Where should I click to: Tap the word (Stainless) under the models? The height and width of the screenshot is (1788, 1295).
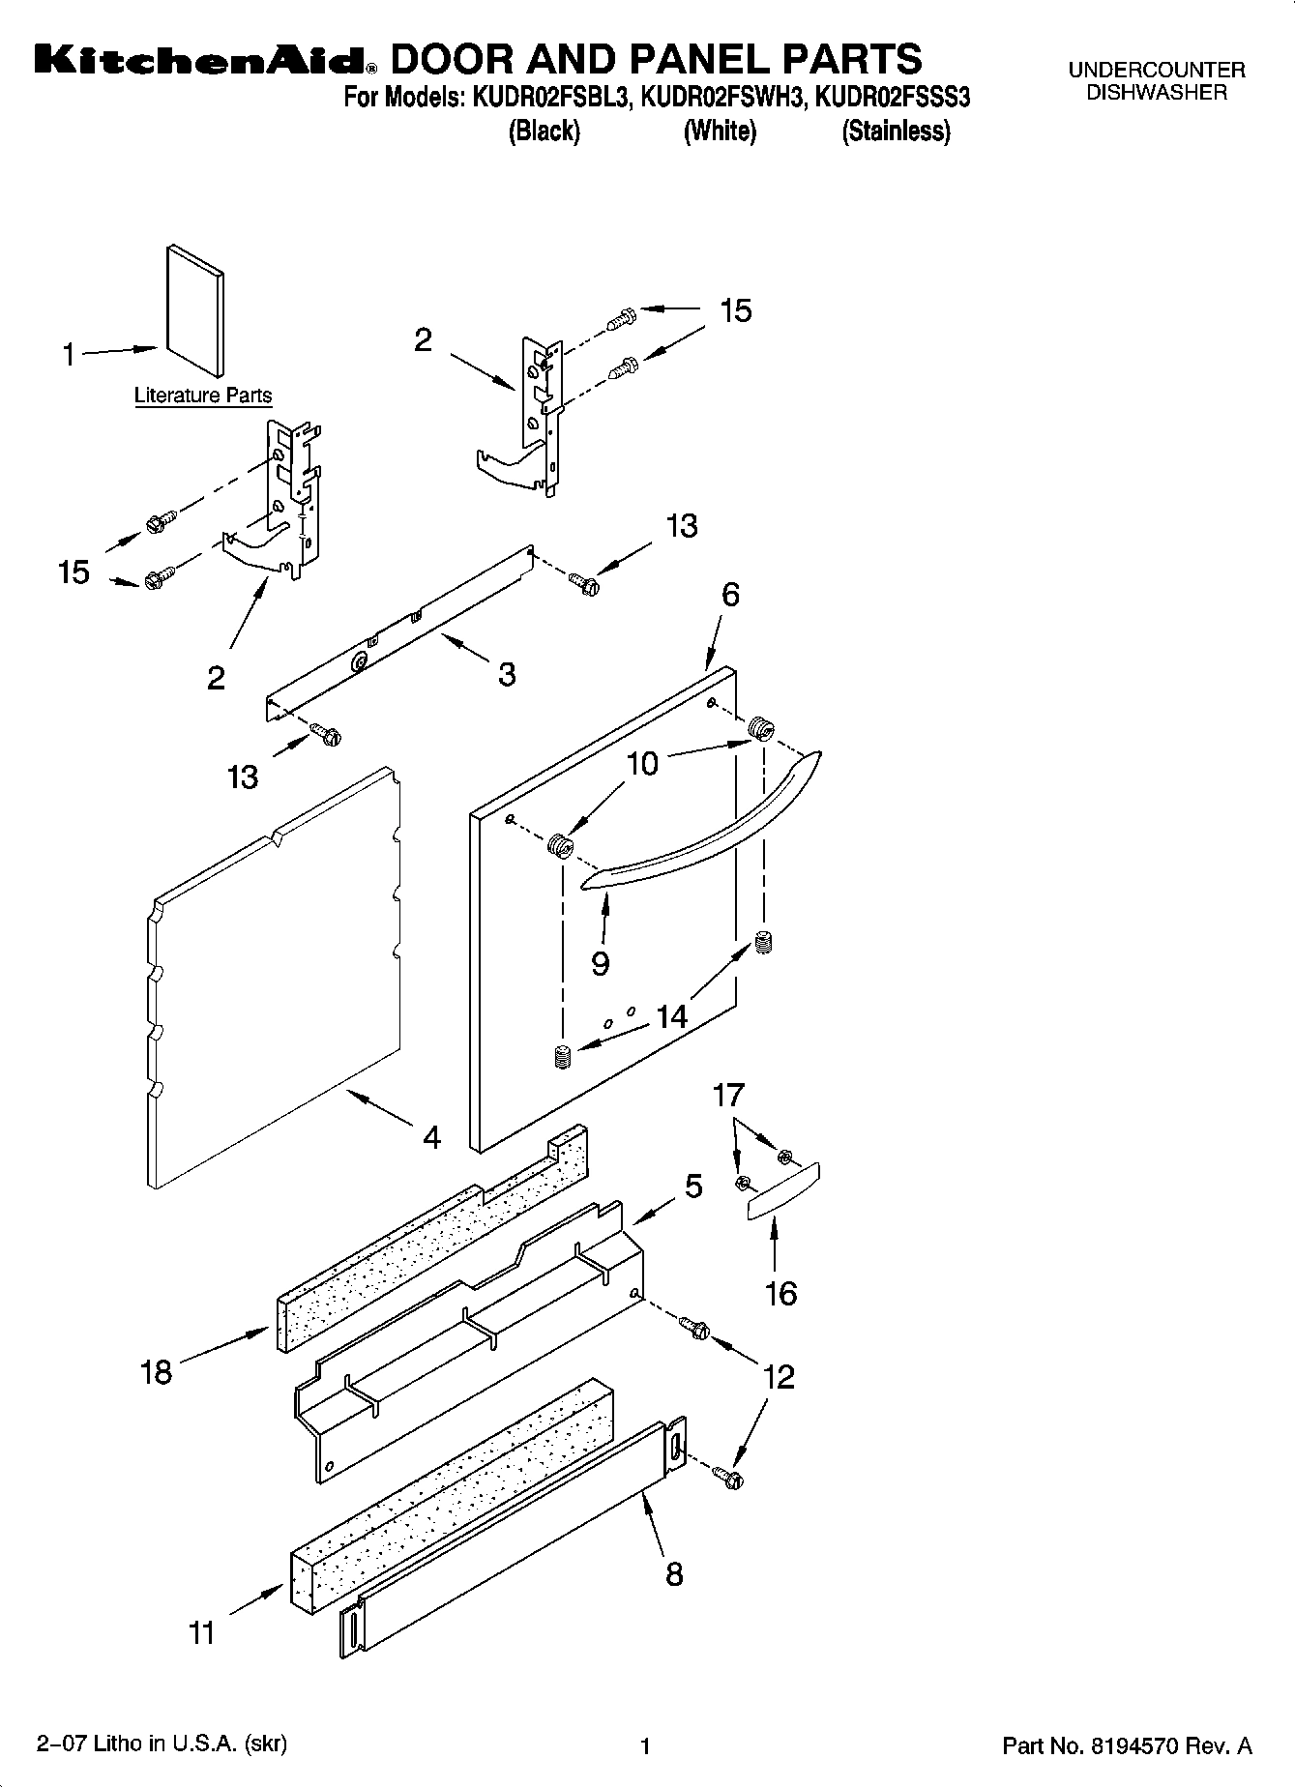pos(896,132)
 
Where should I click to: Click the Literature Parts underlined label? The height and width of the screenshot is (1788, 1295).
pos(203,396)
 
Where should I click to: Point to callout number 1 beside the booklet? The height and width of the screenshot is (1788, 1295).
pos(69,355)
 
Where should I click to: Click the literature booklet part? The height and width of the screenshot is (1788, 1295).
pos(195,309)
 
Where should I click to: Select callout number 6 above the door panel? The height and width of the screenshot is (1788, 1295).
pos(730,594)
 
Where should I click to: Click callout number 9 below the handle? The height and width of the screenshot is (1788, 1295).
pos(601,963)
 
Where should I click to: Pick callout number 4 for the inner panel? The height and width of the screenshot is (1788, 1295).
pos(431,1137)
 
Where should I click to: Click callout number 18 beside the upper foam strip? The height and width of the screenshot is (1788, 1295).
pos(157,1371)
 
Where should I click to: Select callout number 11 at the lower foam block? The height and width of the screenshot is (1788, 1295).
pos(202,1633)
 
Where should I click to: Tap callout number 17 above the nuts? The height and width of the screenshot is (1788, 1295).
pos(728,1095)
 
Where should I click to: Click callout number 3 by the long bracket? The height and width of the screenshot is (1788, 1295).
pos(507,674)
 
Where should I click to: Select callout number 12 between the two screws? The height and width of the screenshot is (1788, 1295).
pos(779,1376)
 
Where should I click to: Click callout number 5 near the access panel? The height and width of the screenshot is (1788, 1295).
pos(693,1186)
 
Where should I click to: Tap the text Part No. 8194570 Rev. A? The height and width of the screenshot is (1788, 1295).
pos(1127,1745)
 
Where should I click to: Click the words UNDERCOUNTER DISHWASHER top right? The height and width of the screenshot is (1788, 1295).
pos(1157,81)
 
